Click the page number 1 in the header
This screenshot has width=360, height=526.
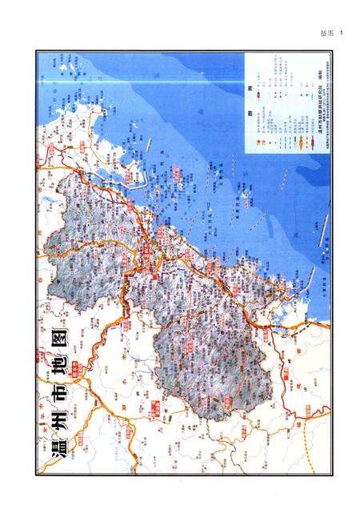[340, 33]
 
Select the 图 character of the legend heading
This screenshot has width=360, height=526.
[250, 113]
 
